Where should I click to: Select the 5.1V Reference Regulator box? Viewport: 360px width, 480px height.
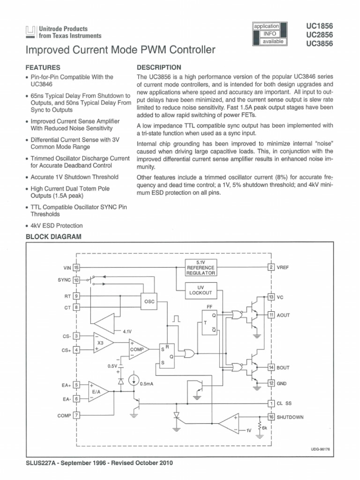[201, 268]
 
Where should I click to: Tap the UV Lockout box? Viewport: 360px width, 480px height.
[201, 291]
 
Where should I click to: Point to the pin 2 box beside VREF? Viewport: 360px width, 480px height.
[270, 267]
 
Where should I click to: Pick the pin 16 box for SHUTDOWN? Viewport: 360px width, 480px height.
[270, 417]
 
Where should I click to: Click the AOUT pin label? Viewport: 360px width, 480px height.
[284, 315]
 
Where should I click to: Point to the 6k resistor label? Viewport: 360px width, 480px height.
[265, 428]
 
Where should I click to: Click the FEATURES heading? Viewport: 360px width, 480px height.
[43, 67]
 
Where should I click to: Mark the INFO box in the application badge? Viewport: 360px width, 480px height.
[269, 34]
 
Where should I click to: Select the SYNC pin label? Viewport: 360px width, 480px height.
[64, 280]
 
